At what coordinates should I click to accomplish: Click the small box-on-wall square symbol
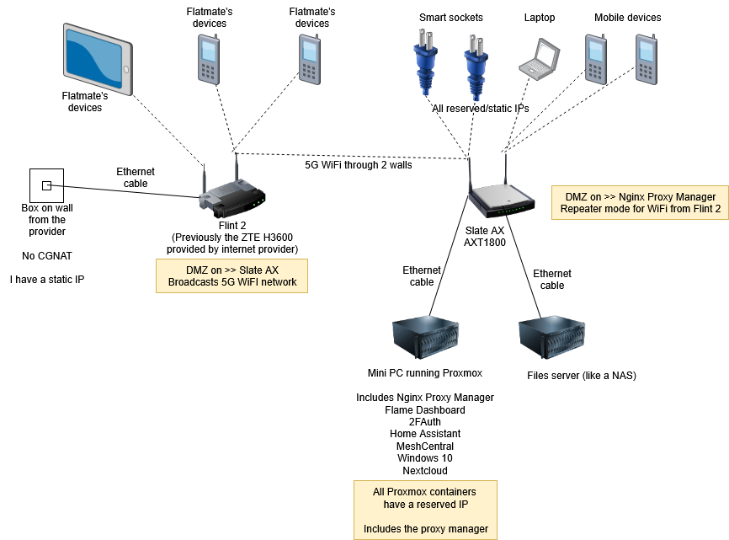click(x=47, y=185)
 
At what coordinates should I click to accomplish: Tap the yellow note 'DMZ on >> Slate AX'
click(x=231, y=275)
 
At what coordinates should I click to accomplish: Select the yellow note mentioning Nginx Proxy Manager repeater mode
click(x=639, y=203)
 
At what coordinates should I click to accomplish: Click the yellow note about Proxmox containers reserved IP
click(x=424, y=510)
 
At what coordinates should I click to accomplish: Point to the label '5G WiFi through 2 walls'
click(x=359, y=165)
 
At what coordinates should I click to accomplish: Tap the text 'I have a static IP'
click(x=47, y=279)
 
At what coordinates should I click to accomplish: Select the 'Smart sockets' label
click(x=450, y=18)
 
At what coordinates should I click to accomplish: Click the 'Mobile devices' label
click(x=627, y=18)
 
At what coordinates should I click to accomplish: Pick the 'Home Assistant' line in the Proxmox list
click(x=425, y=434)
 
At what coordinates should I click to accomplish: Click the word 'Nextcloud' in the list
click(x=425, y=471)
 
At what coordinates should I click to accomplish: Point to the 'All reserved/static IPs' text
click(x=481, y=109)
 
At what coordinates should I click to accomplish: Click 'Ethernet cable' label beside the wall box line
click(x=136, y=178)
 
